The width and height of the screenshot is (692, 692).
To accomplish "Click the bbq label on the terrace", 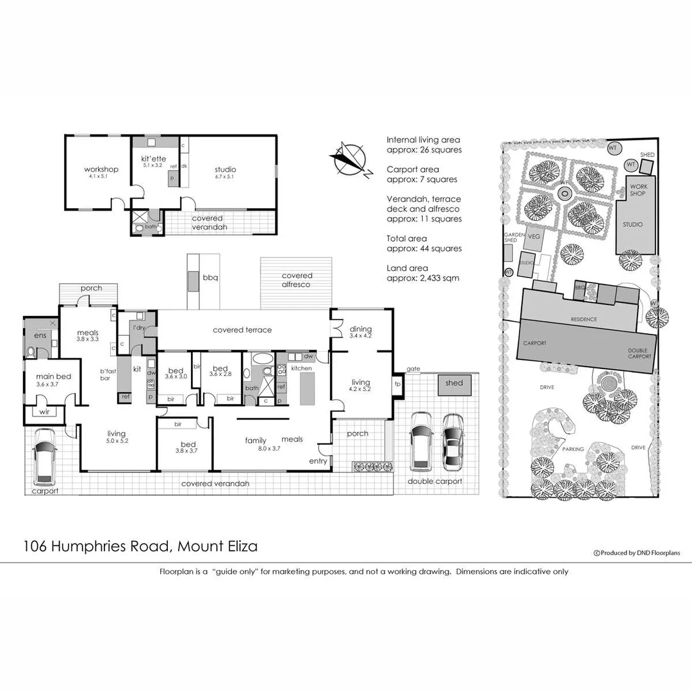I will (x=211, y=277).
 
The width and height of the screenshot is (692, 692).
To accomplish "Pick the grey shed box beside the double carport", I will (x=454, y=384).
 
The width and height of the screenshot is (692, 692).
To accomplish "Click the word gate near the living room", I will (x=413, y=369).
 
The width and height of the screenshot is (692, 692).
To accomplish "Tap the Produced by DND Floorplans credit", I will (x=638, y=553).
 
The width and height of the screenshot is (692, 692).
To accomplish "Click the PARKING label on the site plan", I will (x=573, y=449).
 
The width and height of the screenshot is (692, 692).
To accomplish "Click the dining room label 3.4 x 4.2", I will (x=361, y=333).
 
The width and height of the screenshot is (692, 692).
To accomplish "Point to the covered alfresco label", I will (x=296, y=280).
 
